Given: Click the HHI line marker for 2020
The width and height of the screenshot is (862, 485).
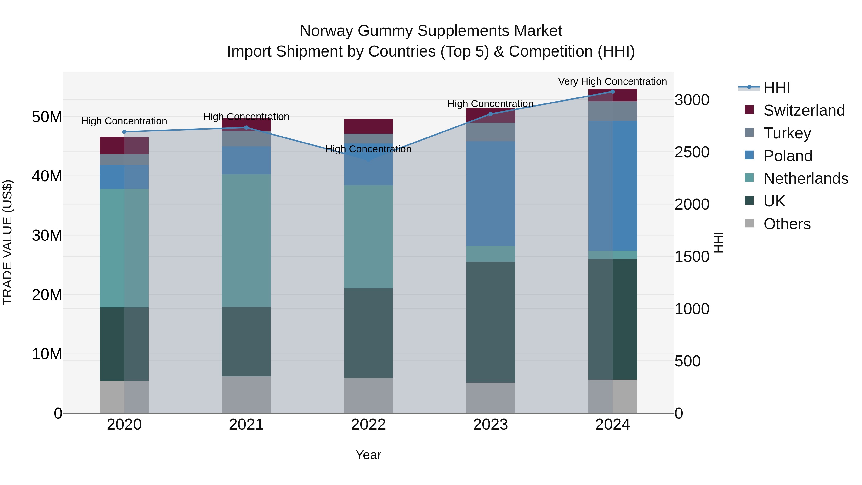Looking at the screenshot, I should (x=124, y=132).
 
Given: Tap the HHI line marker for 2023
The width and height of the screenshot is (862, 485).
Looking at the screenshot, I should (x=491, y=114).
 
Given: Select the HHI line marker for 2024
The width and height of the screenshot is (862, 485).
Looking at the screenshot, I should (x=613, y=92).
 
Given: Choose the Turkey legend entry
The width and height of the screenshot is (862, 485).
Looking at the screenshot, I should (x=787, y=133).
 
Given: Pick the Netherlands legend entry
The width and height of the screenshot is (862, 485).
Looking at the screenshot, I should (x=806, y=178).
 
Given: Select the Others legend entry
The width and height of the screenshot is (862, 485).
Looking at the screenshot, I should (x=787, y=224).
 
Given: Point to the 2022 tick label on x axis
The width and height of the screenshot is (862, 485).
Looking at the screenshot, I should (x=369, y=425).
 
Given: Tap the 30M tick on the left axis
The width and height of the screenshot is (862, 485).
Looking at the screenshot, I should (x=47, y=235).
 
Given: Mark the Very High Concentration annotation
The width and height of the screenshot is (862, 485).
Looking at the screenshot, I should (x=612, y=81).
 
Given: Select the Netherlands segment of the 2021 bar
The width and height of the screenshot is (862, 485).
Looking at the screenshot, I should (x=246, y=241).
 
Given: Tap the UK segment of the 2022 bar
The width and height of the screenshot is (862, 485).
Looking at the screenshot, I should (x=369, y=333).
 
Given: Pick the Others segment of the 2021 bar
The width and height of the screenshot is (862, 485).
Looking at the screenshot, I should (x=246, y=395).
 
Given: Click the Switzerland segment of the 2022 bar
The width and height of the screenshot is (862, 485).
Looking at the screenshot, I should (x=369, y=126).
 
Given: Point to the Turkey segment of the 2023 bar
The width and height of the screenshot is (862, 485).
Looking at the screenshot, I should (x=491, y=132).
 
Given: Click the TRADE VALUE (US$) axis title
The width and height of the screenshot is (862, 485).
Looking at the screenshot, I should (x=7, y=243).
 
